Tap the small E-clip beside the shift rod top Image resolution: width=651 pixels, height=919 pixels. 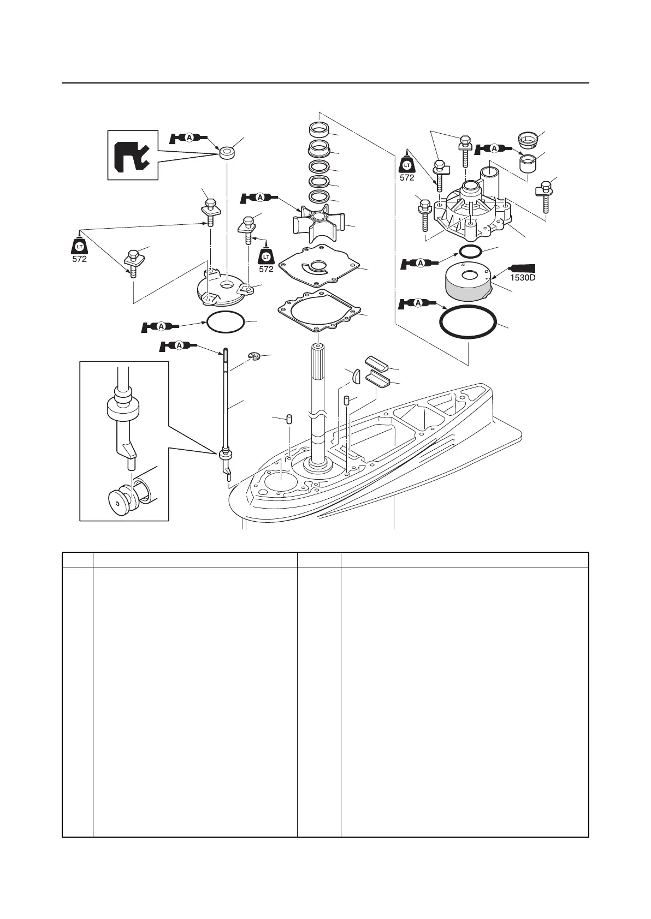(253, 356)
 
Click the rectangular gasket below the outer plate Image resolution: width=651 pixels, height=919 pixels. (320, 313)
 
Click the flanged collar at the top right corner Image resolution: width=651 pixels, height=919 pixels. (528, 140)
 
